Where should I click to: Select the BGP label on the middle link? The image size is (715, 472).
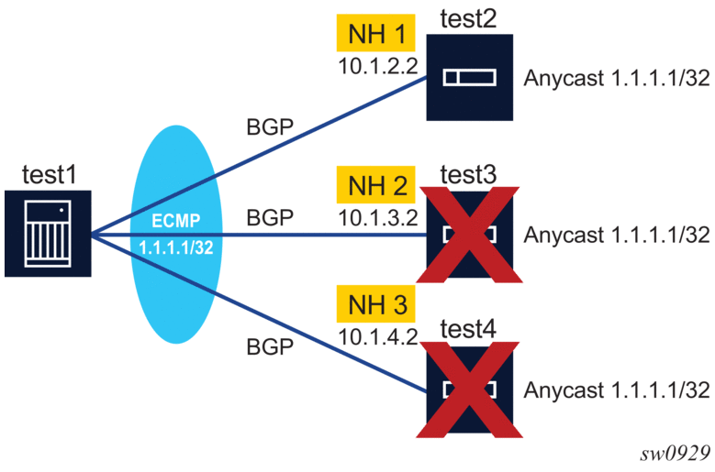(x=270, y=219)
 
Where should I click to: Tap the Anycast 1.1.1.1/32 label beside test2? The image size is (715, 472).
(x=617, y=78)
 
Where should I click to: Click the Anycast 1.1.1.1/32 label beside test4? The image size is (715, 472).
(x=617, y=389)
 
